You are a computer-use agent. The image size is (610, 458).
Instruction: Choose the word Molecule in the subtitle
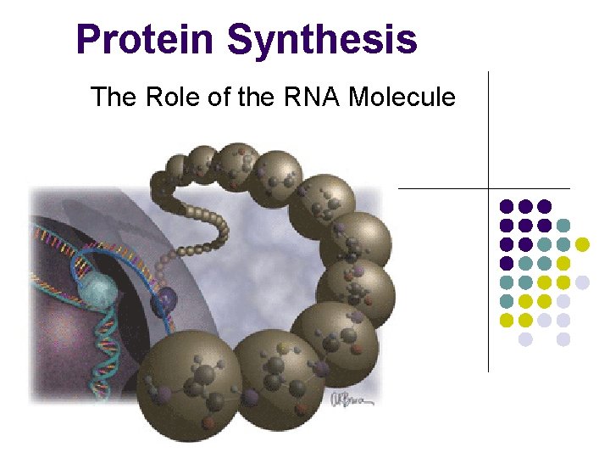pos(402,98)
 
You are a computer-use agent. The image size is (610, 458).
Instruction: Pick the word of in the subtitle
pos(214,98)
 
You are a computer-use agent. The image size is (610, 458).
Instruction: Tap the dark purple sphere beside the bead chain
pos(164,299)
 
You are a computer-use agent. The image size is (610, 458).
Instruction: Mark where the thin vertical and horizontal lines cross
pos(489,187)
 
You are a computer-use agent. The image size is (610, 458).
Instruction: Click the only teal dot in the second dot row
pos(563,226)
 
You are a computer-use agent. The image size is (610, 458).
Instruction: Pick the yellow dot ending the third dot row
pos(582,244)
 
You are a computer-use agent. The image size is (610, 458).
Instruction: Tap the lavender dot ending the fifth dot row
pos(582,282)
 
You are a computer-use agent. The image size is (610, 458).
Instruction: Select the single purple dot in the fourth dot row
pos(507,263)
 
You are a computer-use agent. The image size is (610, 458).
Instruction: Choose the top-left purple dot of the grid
pos(507,206)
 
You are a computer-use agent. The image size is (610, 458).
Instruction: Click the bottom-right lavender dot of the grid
pos(563,339)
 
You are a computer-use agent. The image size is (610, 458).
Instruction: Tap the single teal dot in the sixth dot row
pos(507,301)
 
